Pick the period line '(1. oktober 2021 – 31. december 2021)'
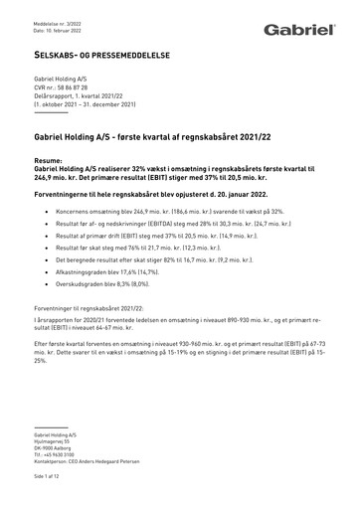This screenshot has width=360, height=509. tap(86, 103)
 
